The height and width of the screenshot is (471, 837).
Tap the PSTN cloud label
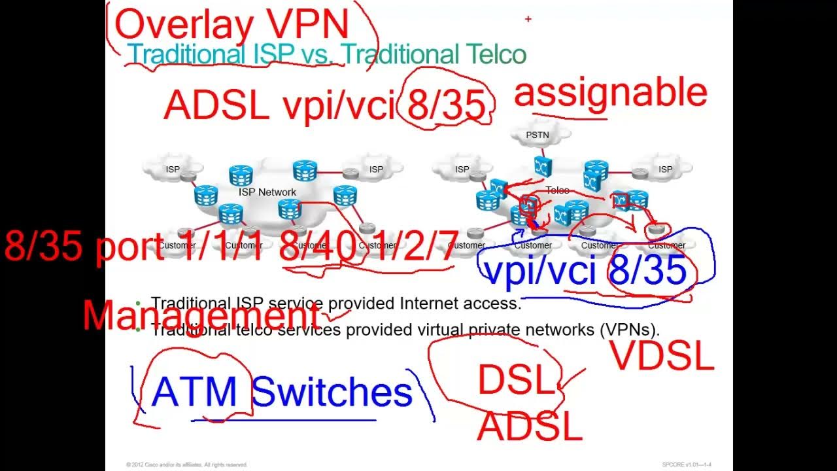coord(538,135)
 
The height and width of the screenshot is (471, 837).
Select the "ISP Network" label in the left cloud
coord(267,192)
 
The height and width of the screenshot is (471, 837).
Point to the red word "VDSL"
coord(662,357)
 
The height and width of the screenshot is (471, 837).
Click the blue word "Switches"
coord(332,392)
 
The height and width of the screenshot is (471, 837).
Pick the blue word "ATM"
coord(194,392)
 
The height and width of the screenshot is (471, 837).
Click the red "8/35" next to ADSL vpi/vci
coord(447,105)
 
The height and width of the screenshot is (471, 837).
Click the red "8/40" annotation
coord(318,247)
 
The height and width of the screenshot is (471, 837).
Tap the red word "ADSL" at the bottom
coord(530,427)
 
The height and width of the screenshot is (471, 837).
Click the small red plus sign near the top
coord(528,20)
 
